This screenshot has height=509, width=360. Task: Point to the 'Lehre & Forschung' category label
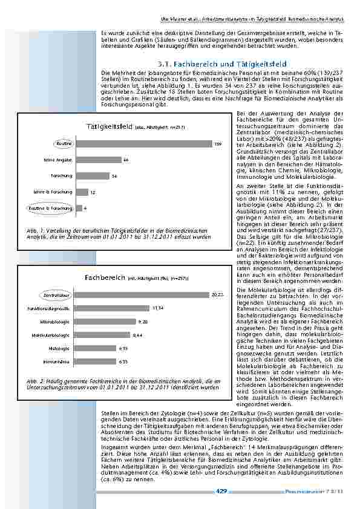[57, 192]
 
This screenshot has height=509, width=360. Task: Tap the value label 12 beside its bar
[93, 192]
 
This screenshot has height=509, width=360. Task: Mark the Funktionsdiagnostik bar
[113, 308]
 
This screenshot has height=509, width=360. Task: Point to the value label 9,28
[143, 322]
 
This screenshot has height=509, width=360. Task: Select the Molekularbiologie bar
[102, 335]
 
